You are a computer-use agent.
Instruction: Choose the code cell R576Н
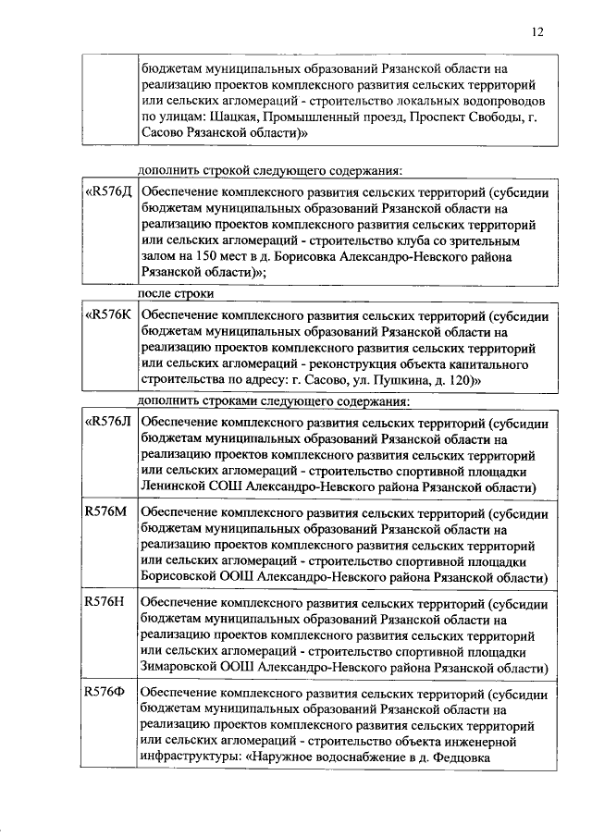pos(104,601)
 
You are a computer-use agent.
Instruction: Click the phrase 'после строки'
pos(176,293)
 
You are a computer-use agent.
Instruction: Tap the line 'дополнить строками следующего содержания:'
pos(273,400)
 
